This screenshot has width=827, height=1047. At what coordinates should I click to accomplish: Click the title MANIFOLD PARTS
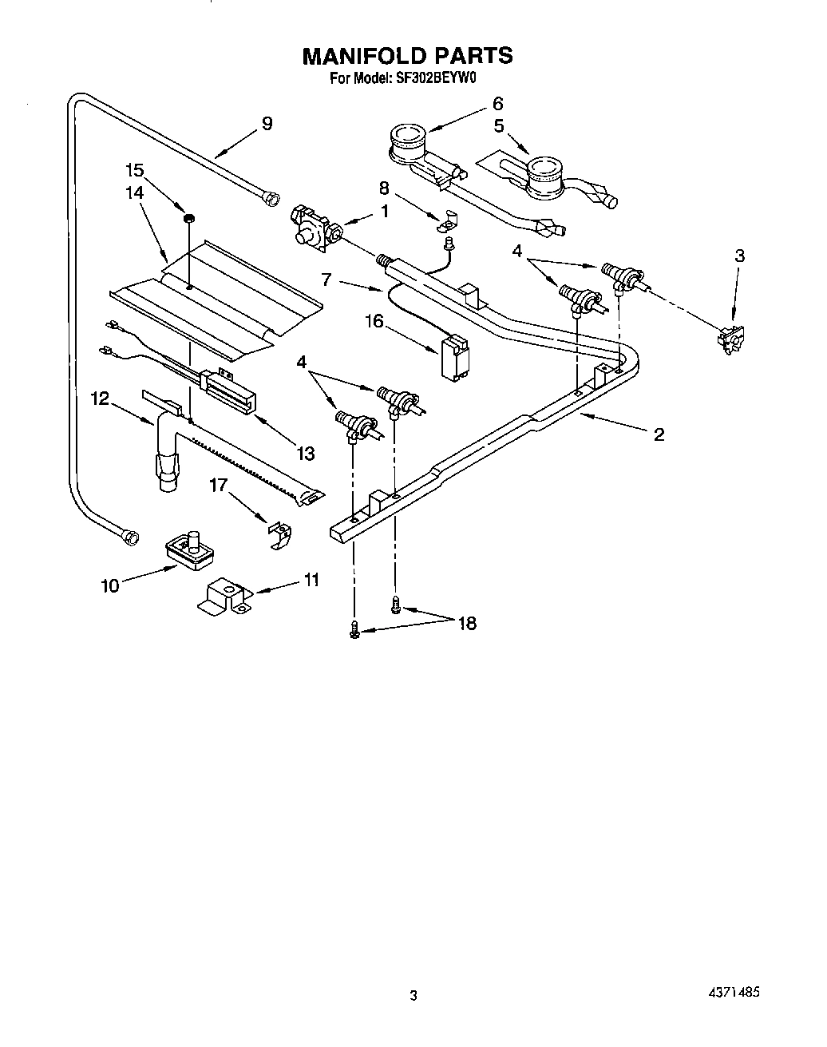407,55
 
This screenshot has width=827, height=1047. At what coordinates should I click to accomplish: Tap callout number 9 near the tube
267,123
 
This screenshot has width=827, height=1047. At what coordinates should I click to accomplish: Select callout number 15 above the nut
135,170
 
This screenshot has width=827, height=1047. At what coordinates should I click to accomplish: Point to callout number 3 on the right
739,256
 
